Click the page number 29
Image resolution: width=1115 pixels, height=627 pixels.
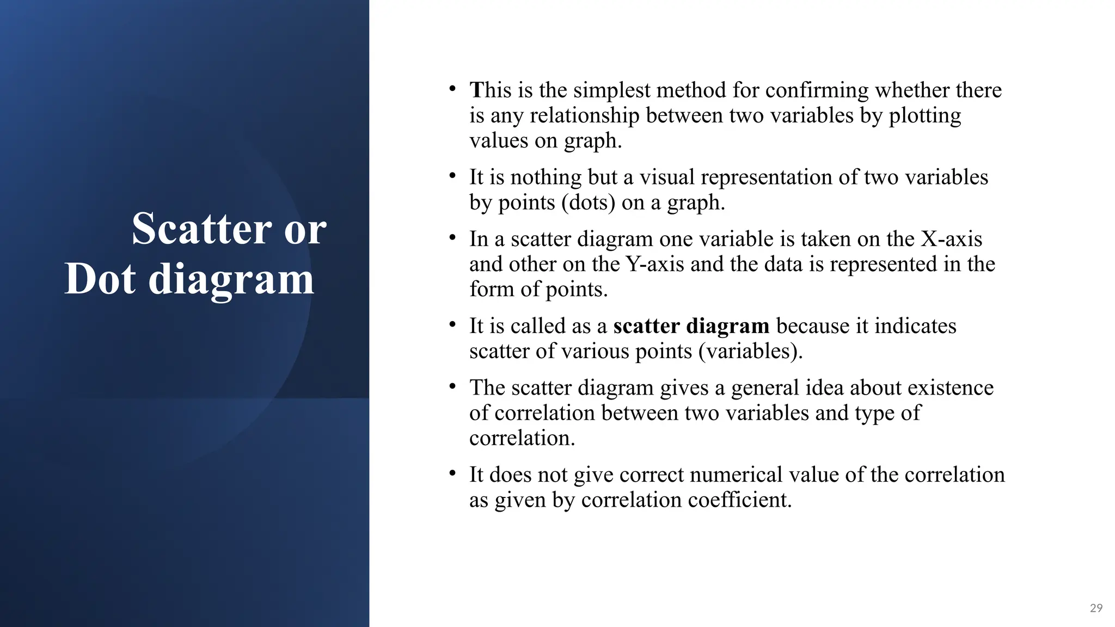[1096, 608]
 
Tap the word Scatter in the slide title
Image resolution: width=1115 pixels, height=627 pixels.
[201, 229]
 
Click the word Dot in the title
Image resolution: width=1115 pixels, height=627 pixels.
[100, 279]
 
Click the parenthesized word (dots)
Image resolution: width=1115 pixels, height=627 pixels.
[588, 202]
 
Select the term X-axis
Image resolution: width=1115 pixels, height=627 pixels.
[951, 239]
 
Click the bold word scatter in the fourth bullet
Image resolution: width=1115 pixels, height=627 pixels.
[646, 326]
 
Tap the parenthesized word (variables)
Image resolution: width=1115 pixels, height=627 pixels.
[750, 351]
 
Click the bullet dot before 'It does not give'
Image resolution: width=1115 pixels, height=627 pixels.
[452, 472]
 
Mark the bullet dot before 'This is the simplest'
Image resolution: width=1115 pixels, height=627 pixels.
[452, 88]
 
